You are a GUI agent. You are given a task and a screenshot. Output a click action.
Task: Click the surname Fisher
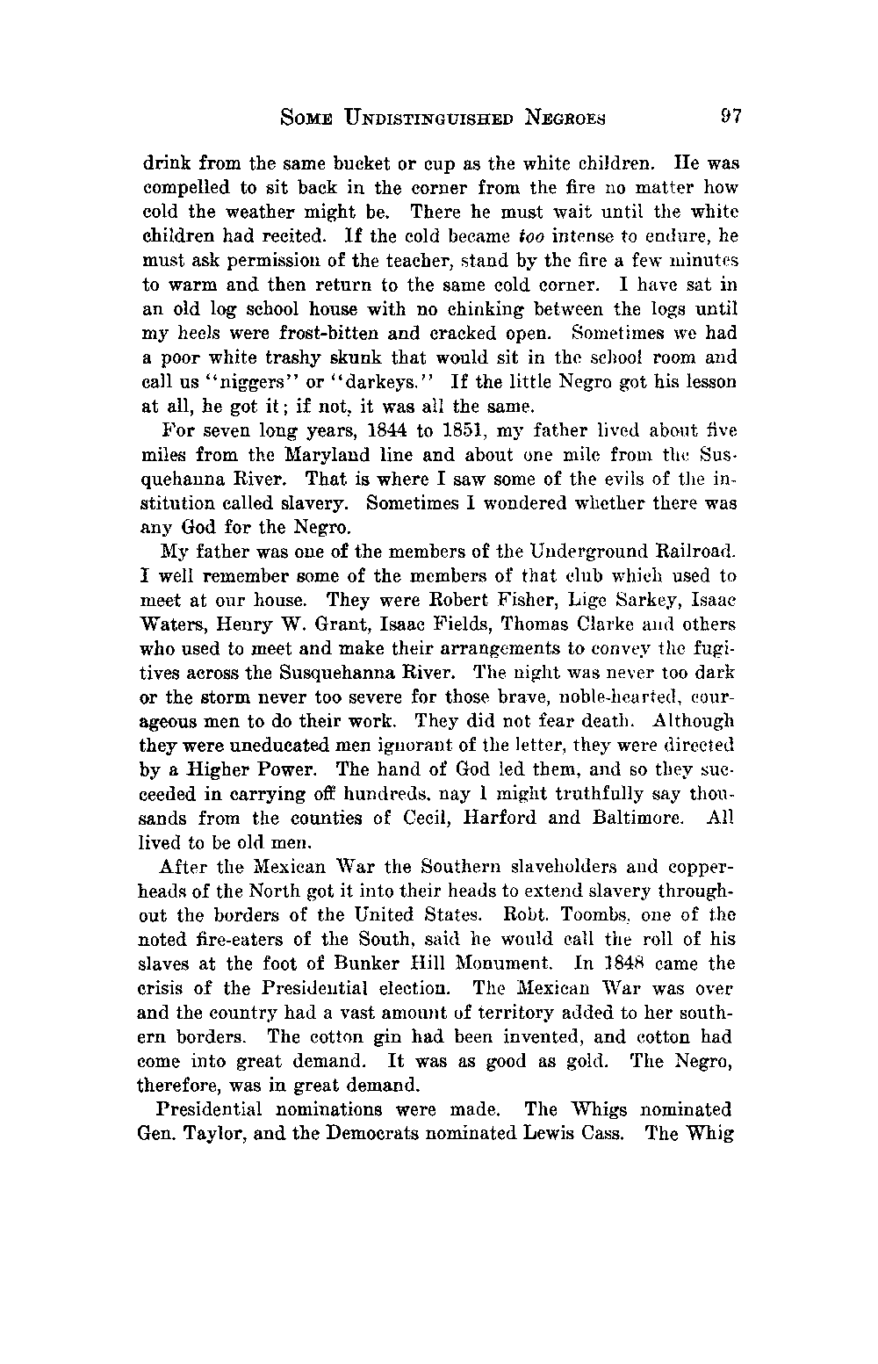click(x=502, y=602)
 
